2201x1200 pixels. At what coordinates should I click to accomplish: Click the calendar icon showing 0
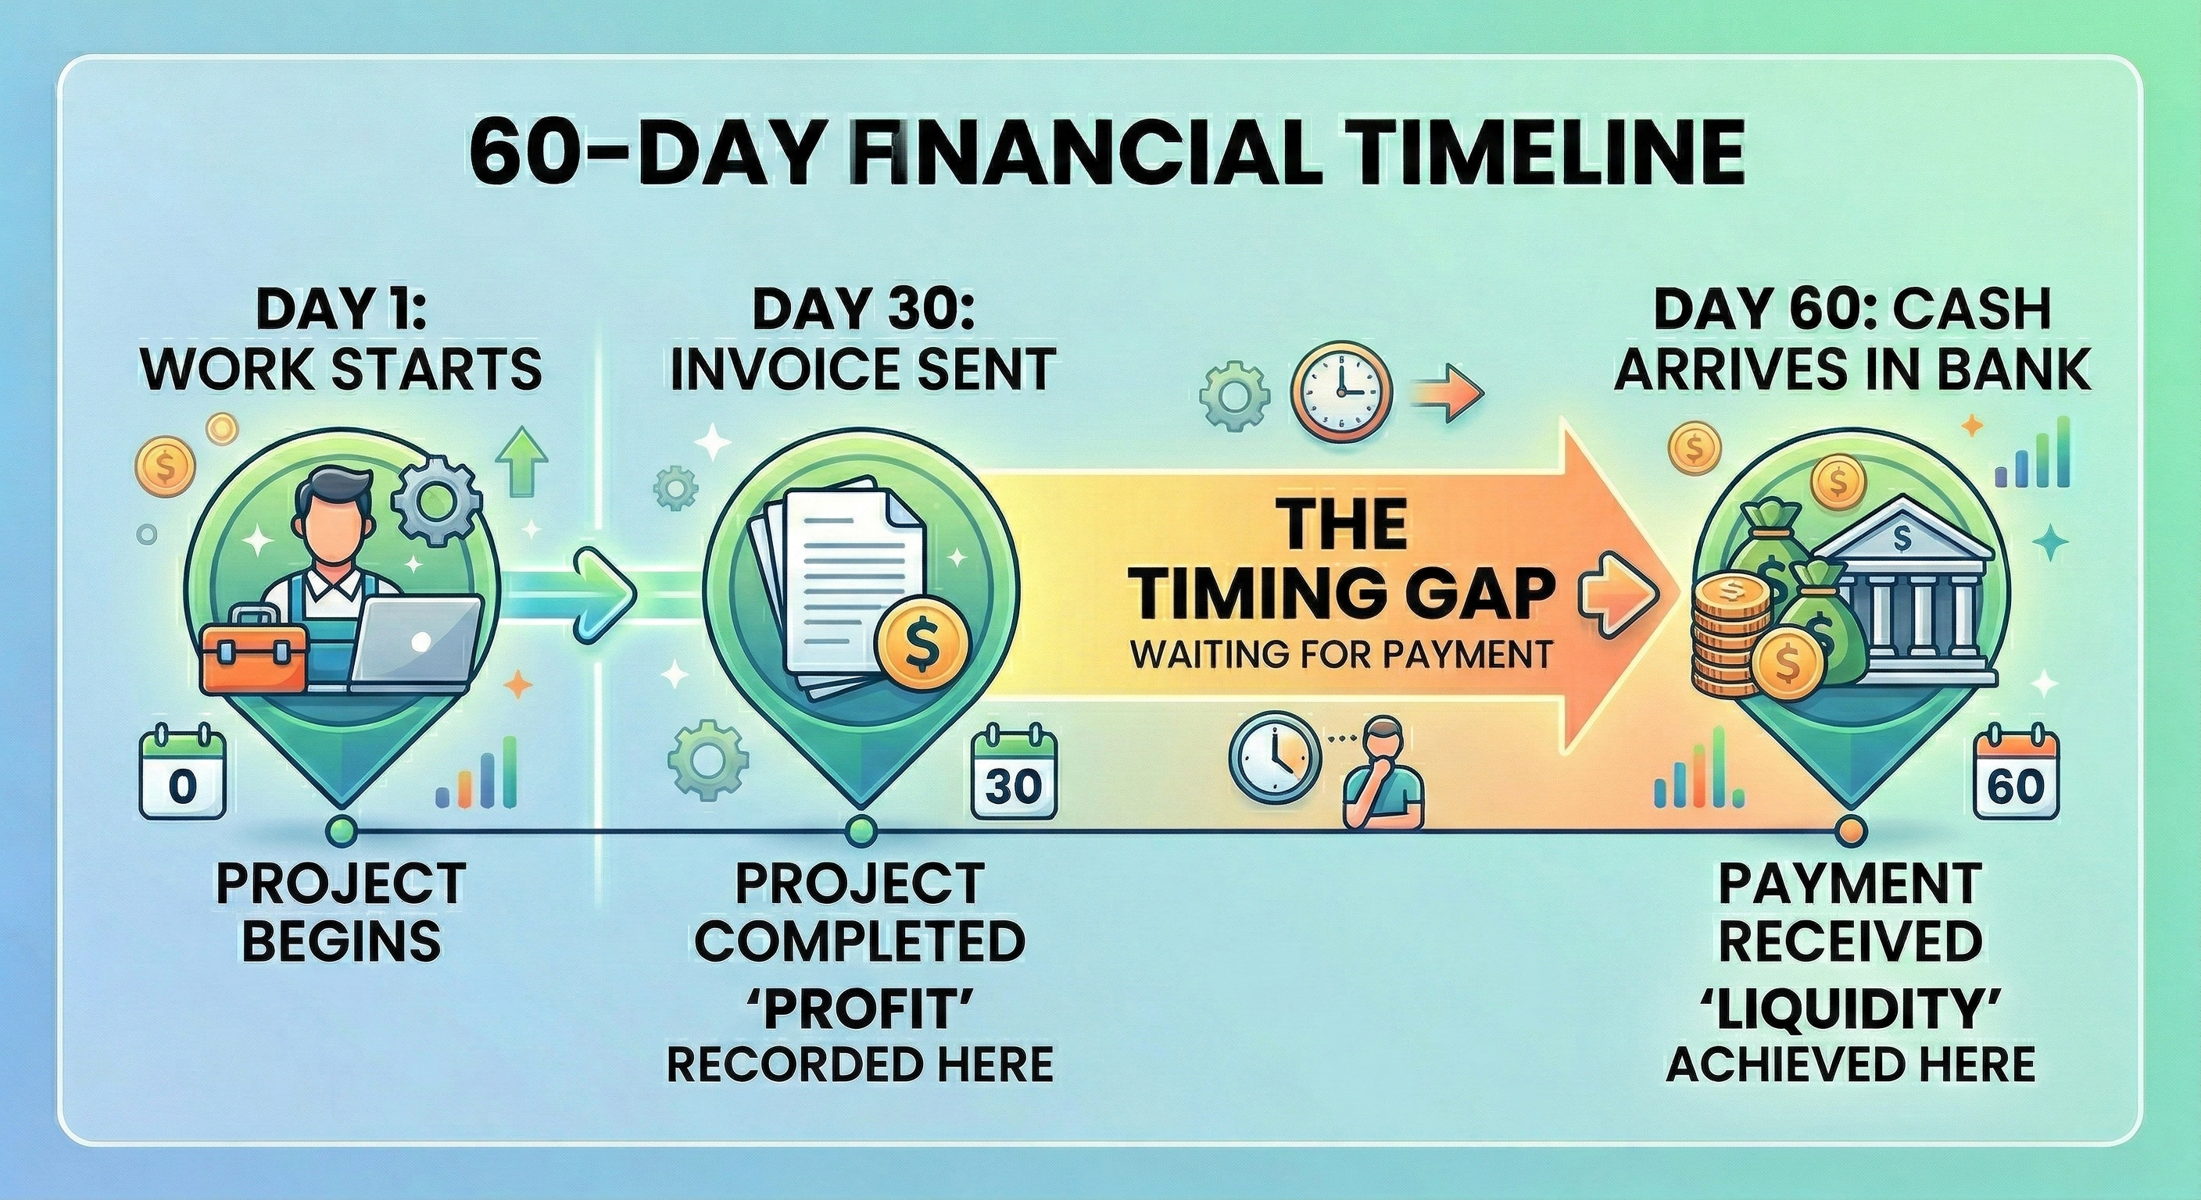(182, 770)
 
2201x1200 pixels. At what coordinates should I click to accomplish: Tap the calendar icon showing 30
(1015, 770)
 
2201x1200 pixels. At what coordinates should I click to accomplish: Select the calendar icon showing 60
(2017, 771)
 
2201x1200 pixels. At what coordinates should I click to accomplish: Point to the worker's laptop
(417, 641)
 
